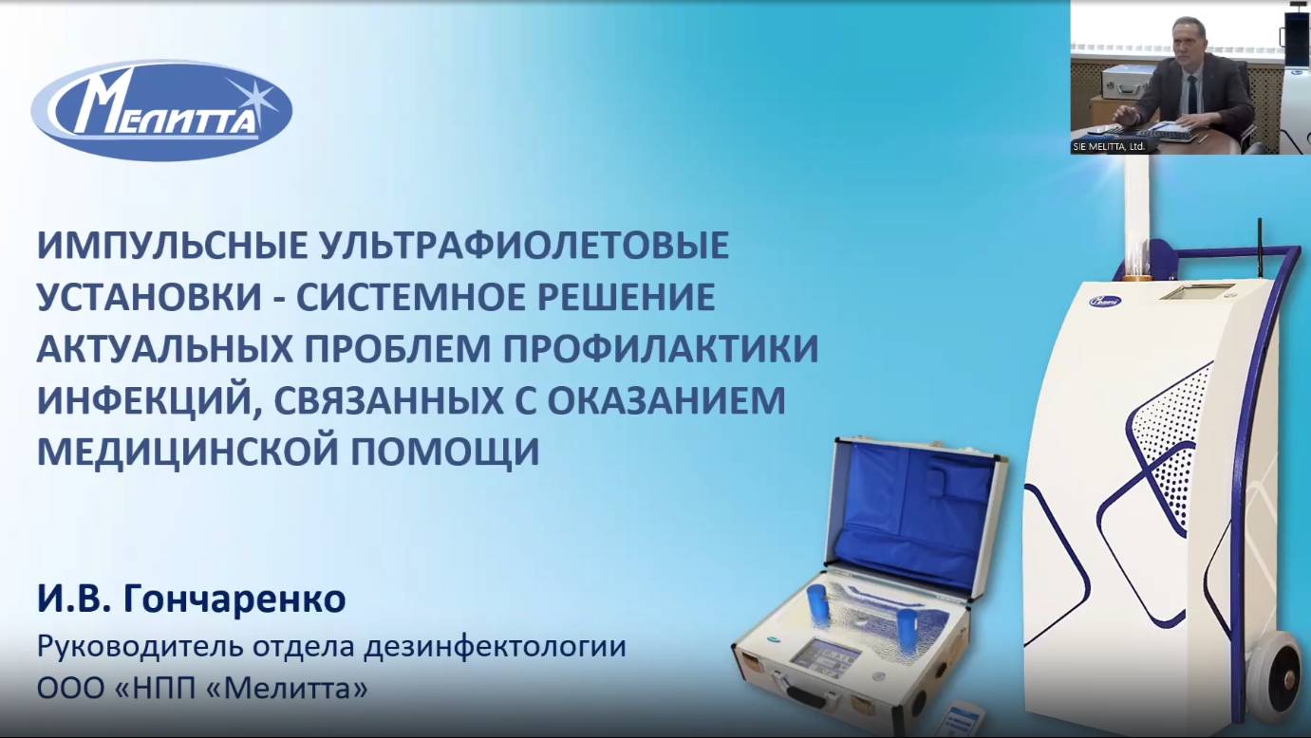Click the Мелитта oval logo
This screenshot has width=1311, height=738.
(161, 110)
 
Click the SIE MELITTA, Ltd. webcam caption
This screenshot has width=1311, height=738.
(1109, 147)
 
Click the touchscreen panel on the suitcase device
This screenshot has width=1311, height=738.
(828, 656)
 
